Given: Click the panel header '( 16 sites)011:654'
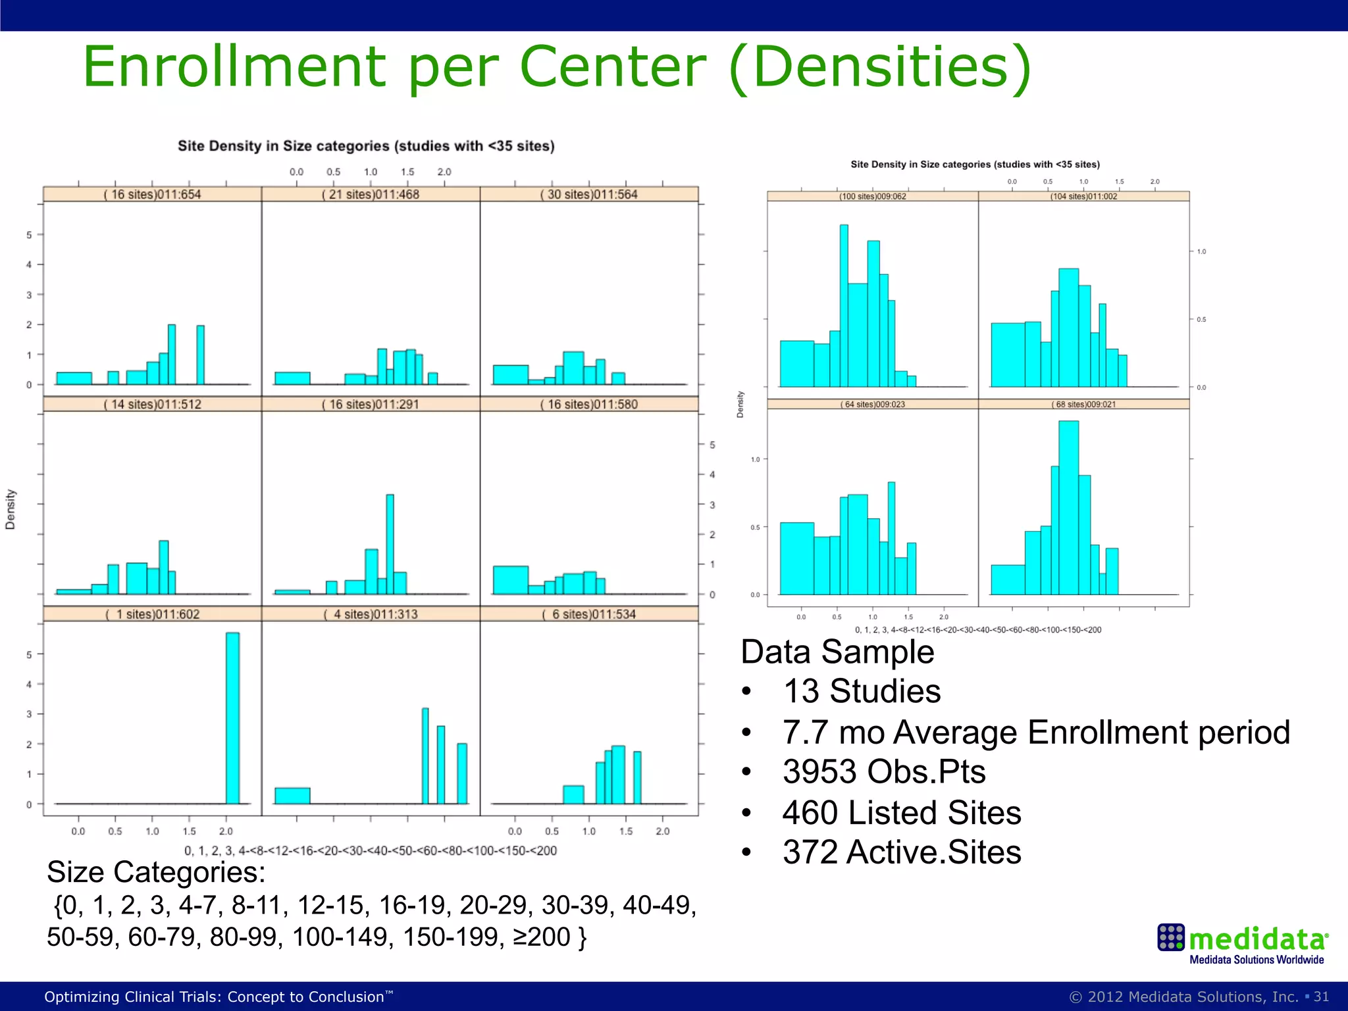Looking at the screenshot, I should (x=152, y=194).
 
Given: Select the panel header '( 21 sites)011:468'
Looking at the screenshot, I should (x=371, y=194).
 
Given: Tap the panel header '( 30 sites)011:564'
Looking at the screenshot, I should (x=589, y=194).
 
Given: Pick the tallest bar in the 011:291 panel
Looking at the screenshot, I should (x=390, y=544).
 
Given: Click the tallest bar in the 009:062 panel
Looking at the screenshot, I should (x=844, y=305).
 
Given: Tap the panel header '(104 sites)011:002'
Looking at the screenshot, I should (x=1083, y=196).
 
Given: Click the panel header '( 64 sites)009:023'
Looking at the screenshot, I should (x=872, y=404).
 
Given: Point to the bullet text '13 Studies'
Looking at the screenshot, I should (x=862, y=691).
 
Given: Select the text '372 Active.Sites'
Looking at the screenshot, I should (x=901, y=852).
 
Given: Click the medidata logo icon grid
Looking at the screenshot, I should (x=1171, y=937).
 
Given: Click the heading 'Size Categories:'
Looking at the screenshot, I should (x=156, y=872).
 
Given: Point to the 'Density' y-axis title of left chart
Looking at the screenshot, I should (x=11, y=509).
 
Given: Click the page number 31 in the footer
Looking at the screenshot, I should (x=1321, y=997).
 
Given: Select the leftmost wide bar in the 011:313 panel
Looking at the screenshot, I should (x=292, y=796).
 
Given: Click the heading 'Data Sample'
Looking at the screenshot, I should (x=837, y=652).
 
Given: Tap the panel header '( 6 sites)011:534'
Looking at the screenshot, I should (x=589, y=614).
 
